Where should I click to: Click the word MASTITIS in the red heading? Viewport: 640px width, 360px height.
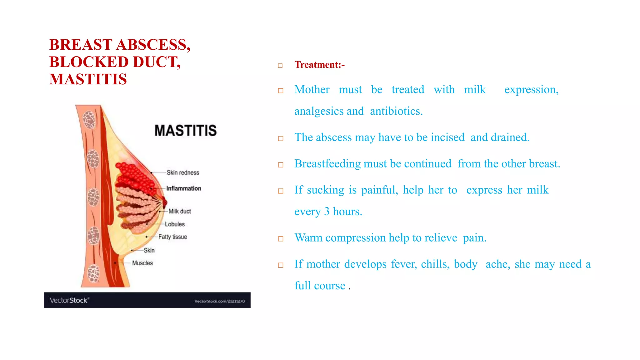tap(88, 79)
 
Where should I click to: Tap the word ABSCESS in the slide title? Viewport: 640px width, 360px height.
tap(153, 45)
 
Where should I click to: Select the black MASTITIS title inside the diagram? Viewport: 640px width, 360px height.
tap(185, 131)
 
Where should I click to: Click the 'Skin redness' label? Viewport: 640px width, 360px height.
tap(182, 172)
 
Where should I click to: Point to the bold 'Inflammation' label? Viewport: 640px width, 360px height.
tap(183, 188)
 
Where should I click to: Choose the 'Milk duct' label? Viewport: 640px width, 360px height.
tap(179, 211)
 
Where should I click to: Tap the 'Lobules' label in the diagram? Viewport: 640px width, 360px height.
tap(175, 224)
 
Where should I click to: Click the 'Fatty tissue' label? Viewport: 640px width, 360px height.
tap(172, 237)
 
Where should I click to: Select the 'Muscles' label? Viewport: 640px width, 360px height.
tap(142, 263)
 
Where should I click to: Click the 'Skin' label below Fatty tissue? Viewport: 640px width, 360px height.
tap(149, 250)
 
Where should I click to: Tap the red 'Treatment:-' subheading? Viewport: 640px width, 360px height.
tap(319, 65)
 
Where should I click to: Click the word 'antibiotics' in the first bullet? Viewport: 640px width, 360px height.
tap(396, 111)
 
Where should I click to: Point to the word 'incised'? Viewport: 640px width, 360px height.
tap(447, 137)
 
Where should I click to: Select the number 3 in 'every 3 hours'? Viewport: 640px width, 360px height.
tap(327, 212)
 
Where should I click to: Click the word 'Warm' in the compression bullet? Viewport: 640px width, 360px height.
tap(308, 238)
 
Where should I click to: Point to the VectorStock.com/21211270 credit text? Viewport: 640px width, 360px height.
tap(219, 301)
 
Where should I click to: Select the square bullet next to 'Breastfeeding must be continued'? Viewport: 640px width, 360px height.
tap(281, 165)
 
